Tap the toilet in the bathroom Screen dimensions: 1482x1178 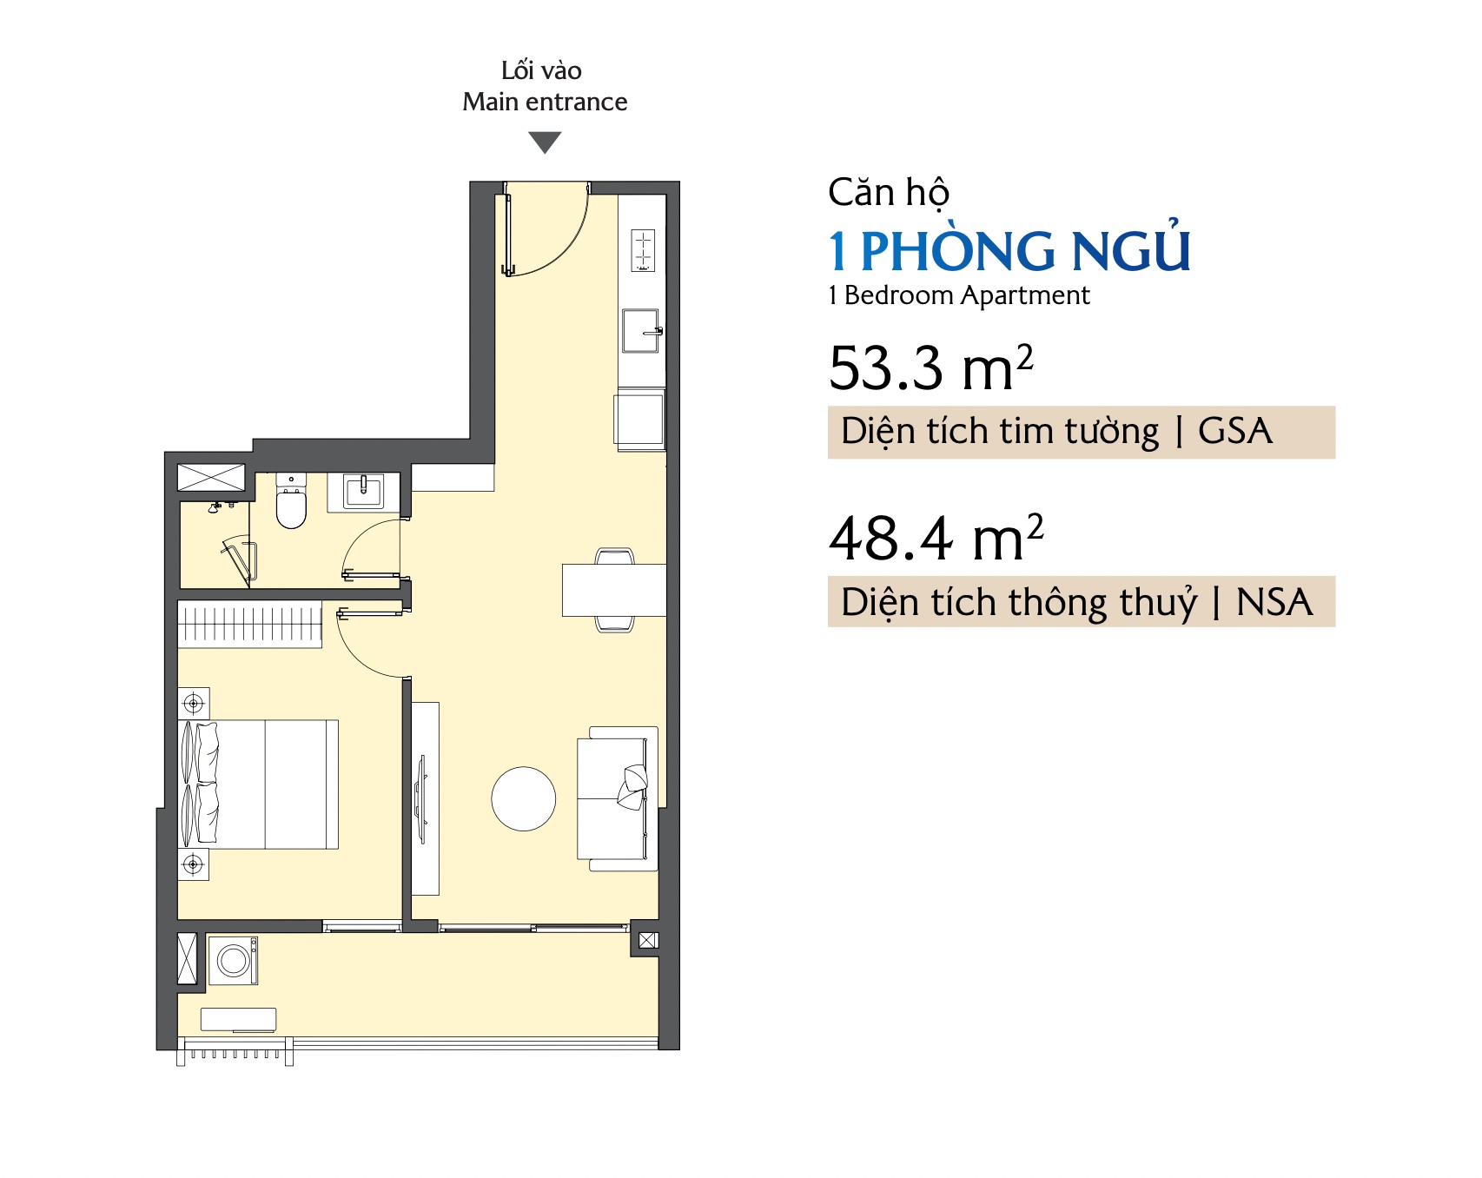291,501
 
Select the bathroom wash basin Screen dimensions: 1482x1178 363,492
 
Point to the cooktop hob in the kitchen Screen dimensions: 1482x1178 643,250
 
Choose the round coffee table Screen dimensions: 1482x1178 524,799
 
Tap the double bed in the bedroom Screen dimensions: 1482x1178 258,784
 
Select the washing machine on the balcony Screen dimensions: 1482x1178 233,960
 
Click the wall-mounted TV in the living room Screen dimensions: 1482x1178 423,799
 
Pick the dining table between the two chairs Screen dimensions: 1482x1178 614,590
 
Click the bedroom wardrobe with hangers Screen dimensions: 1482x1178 249,624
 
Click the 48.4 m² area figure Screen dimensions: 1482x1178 936,538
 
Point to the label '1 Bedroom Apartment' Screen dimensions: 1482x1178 959,295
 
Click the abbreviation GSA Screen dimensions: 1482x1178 1235,431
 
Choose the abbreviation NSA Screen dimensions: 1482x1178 1274,602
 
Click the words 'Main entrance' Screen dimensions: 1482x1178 545,102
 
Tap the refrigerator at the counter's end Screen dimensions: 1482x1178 640,420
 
